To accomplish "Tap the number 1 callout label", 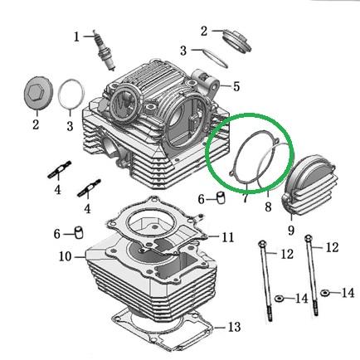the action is pyautogui.click(x=76, y=36).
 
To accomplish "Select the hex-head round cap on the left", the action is pyautogui.click(x=36, y=94).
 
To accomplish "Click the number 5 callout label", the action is pyautogui.click(x=236, y=86).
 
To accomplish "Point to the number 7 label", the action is pyautogui.click(x=245, y=198).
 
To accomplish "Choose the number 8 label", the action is pyautogui.click(x=268, y=207).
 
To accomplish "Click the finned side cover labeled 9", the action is pyautogui.click(x=309, y=185).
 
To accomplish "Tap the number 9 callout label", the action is pyautogui.click(x=291, y=230).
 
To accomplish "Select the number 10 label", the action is pyautogui.click(x=66, y=256).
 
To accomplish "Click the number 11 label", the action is pyautogui.click(x=227, y=237).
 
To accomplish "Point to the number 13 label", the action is pyautogui.click(x=234, y=327).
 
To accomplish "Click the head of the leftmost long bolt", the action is pyautogui.click(x=262, y=244).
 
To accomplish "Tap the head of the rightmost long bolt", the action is pyautogui.click(x=309, y=237).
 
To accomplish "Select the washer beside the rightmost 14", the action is pyautogui.click(x=325, y=293).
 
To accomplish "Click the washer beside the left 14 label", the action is pyautogui.click(x=279, y=299).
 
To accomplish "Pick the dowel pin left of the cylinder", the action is pyautogui.click(x=80, y=232).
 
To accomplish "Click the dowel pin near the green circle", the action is pyautogui.click(x=221, y=198).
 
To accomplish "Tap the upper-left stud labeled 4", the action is pyautogui.click(x=60, y=169).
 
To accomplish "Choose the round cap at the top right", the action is pyautogui.click(x=237, y=41).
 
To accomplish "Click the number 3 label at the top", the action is pyautogui.click(x=183, y=51).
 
